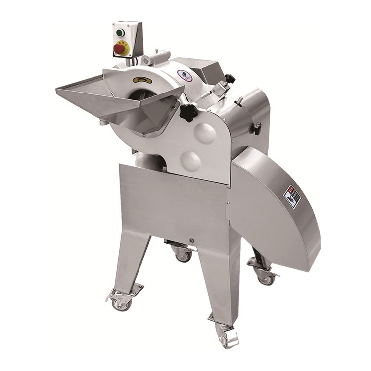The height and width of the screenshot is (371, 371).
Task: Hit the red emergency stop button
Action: pyautogui.click(x=120, y=48)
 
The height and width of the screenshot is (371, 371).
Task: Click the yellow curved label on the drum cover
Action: pyautogui.click(x=142, y=80)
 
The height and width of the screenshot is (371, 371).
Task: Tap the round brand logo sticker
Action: pyautogui.click(x=184, y=76)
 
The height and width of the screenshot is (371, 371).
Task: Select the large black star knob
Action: pyautogui.click(x=188, y=113)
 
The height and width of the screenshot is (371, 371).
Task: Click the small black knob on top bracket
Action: pyautogui.click(x=229, y=78)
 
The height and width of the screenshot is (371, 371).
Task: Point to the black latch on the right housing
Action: pyautogui.click(x=256, y=128)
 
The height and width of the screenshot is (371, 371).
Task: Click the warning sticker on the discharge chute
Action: pyautogui.click(x=292, y=196)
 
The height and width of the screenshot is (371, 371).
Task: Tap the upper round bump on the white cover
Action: pyautogui.click(x=205, y=133)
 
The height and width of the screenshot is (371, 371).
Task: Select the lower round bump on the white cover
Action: pyautogui.click(x=191, y=161)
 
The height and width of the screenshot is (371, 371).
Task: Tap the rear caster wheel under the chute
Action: pyautogui.click(x=266, y=278)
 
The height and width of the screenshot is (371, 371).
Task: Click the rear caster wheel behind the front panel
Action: pyautogui.click(x=184, y=255)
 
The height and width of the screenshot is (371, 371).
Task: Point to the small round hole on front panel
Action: pyautogui.click(x=191, y=241)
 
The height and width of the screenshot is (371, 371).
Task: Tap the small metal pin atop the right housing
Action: pyautogui.click(x=238, y=101)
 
